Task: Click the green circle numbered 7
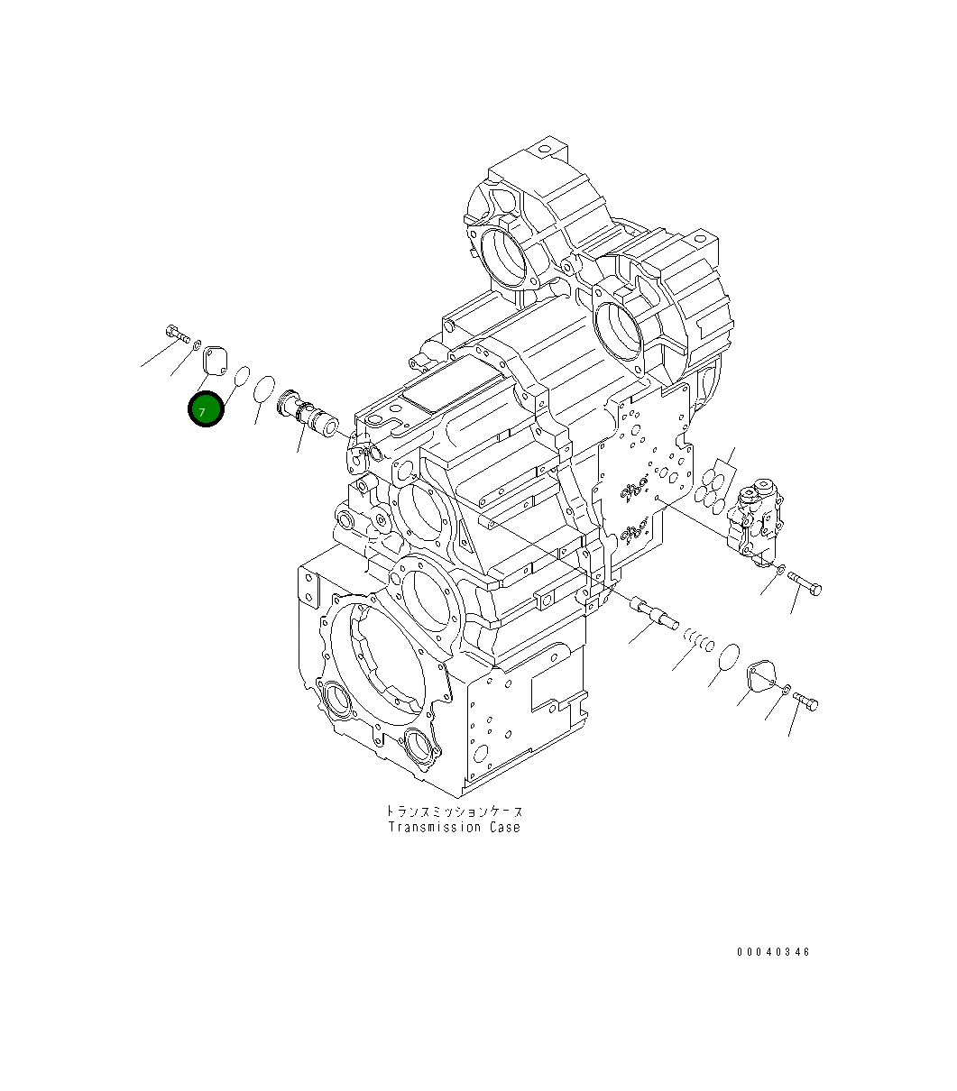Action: tap(206, 410)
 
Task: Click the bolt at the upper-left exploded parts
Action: tap(176, 333)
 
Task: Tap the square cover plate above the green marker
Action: tap(214, 358)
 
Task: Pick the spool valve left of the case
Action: tap(308, 414)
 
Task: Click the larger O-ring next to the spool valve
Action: tap(263, 390)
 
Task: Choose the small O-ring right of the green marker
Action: tap(241, 375)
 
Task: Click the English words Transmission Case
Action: tap(455, 827)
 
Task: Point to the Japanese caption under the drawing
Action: tap(454, 811)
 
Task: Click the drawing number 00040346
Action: tap(773, 951)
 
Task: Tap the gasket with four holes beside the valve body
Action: tap(718, 487)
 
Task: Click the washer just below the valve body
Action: tap(780, 569)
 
